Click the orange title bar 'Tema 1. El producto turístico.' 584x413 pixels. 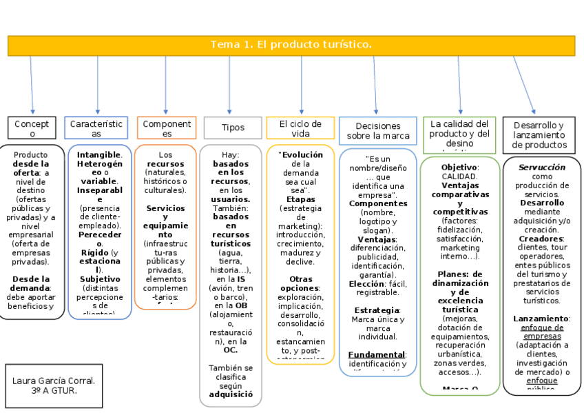coord(291,45)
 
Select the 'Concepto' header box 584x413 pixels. coord(32,128)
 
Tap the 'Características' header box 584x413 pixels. coord(96,128)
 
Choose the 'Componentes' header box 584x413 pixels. coord(166,128)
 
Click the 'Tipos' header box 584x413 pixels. coord(233,128)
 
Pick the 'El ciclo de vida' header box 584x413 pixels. coord(300,128)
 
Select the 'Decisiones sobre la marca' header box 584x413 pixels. coord(378,131)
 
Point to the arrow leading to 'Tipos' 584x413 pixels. coord(230,86)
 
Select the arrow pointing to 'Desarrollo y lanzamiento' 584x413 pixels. coord(523,84)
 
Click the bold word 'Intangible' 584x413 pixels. coord(98,155)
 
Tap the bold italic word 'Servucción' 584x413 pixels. coord(541,168)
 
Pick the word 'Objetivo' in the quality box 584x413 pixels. coord(459,168)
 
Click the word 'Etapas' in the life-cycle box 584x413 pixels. coord(300,199)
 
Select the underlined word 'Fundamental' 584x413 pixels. coord(375,354)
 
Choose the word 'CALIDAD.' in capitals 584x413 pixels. coord(459,177)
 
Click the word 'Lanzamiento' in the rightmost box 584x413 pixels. coord(541,319)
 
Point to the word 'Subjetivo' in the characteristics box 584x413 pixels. coord(99,279)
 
